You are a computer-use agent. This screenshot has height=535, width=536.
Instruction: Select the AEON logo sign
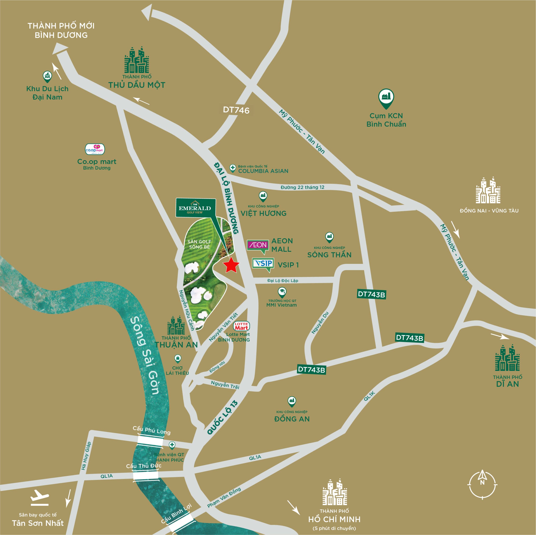pos(258,246)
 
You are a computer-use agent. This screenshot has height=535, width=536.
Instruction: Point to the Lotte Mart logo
pos(241,326)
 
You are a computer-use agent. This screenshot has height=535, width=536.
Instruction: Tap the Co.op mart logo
pos(95,149)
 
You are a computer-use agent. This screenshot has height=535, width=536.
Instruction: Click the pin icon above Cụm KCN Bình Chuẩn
pos(386,98)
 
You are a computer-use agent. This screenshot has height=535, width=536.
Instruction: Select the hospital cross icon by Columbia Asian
pos(232,167)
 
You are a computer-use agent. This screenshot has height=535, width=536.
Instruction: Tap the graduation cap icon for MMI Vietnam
pos(282,292)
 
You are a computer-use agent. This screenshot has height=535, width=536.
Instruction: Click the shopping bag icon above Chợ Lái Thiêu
pos(178,358)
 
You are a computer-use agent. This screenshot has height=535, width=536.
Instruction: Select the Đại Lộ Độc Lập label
pos(282,280)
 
